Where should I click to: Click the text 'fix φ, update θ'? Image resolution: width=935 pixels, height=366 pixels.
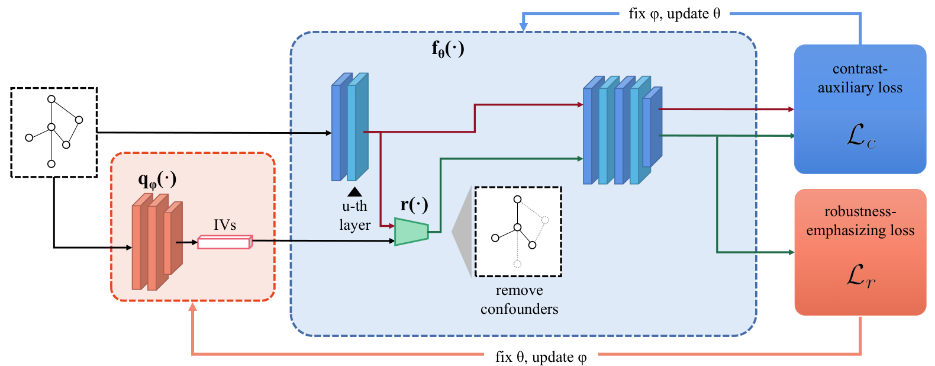click(675, 14)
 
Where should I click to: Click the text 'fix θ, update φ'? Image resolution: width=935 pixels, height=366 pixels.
click(541, 357)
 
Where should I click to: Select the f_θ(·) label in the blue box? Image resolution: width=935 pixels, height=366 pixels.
click(448, 49)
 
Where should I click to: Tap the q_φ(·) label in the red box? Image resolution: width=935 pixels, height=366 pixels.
click(157, 180)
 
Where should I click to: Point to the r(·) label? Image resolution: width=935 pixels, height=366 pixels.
click(414, 204)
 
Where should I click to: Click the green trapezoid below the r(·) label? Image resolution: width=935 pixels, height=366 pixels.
click(411, 232)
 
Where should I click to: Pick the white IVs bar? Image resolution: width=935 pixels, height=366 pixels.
click(225, 242)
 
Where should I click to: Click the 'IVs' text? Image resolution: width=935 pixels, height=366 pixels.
click(224, 225)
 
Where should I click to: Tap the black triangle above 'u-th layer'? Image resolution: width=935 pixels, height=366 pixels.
click(355, 192)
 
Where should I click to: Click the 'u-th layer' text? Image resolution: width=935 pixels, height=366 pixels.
click(355, 216)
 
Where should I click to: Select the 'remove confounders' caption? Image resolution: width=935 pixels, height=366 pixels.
click(519, 300)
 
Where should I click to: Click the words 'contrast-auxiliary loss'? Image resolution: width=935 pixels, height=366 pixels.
click(860, 78)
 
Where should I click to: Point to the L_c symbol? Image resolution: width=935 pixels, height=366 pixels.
click(860, 137)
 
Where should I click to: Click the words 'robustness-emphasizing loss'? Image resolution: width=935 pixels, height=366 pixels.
click(860, 220)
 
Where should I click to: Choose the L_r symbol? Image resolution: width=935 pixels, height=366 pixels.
click(860, 276)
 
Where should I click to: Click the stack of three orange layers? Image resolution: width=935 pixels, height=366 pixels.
click(157, 242)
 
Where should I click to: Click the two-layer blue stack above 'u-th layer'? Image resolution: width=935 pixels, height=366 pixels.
click(350, 127)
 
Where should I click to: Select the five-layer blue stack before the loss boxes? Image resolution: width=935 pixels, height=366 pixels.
click(623, 130)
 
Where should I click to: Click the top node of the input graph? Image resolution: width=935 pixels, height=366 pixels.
click(51, 99)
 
